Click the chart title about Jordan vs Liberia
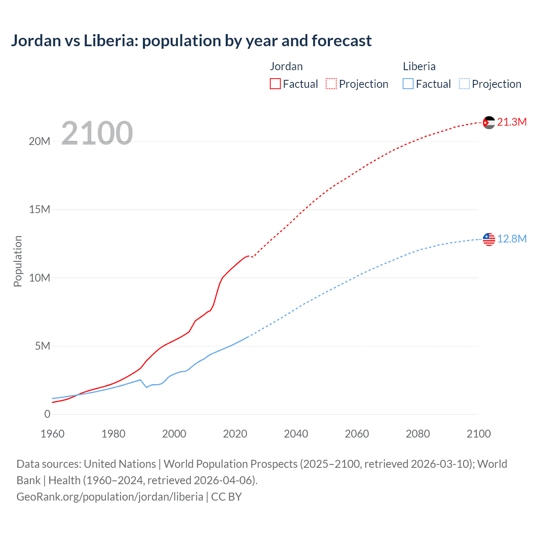tap(191, 41)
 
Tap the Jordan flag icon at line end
tap(489, 122)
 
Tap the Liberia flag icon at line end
tap(489, 239)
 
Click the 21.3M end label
tap(512, 122)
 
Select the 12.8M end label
tap(512, 239)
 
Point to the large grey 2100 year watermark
tap(97, 133)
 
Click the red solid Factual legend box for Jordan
tap(275, 84)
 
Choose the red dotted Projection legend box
tap(331, 84)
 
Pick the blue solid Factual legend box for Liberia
tap(408, 84)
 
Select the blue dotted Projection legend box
tap(464, 84)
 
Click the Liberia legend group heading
tap(419, 66)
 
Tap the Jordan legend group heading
tap(286, 66)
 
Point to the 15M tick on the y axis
tap(40, 209)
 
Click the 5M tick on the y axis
tap(42, 346)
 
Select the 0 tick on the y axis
tap(47, 414)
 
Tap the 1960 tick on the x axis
tap(53, 434)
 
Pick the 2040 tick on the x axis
tap(296, 434)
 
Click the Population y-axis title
tap(18, 261)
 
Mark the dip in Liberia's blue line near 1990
tap(146, 387)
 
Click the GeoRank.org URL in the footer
tap(110, 496)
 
